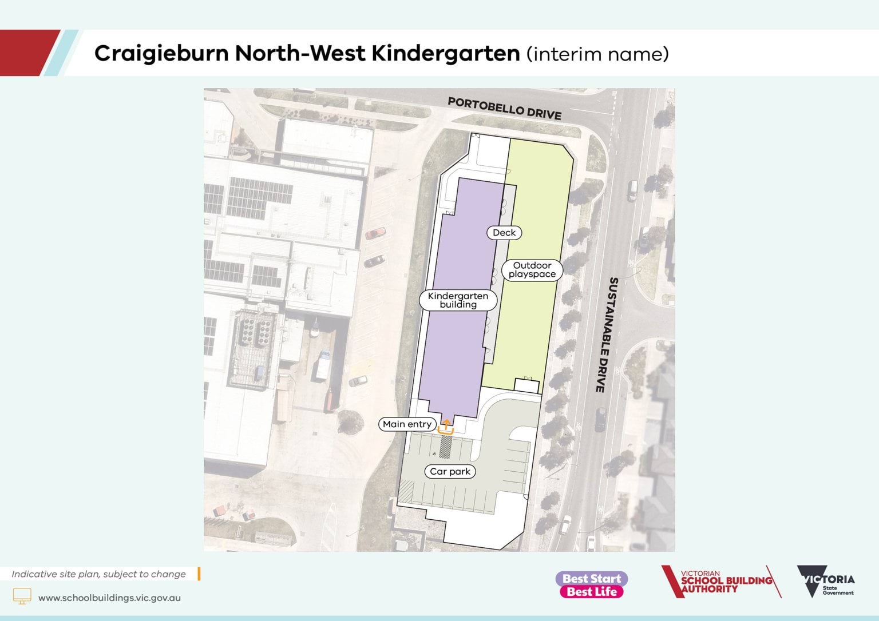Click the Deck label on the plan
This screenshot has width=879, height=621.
(x=504, y=233)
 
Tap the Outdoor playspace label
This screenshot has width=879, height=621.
(x=532, y=270)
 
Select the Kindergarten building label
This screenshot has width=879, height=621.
(x=458, y=300)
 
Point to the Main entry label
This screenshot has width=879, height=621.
(x=407, y=424)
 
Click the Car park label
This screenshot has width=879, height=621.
(x=450, y=472)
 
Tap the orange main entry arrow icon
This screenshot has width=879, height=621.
(x=446, y=427)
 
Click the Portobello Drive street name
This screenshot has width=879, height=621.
(x=504, y=108)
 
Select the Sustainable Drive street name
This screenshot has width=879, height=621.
(x=606, y=335)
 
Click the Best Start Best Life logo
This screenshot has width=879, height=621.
(x=592, y=585)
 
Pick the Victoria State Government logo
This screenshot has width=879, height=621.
(x=826, y=582)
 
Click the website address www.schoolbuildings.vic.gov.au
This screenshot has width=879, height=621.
(x=109, y=598)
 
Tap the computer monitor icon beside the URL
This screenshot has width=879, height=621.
(x=22, y=596)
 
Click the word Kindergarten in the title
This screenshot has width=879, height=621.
(x=445, y=54)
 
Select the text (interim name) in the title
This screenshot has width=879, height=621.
(x=597, y=54)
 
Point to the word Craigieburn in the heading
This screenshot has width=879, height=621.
(x=161, y=54)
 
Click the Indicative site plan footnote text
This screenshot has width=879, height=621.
(x=98, y=574)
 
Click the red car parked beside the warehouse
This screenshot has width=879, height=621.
(x=375, y=233)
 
